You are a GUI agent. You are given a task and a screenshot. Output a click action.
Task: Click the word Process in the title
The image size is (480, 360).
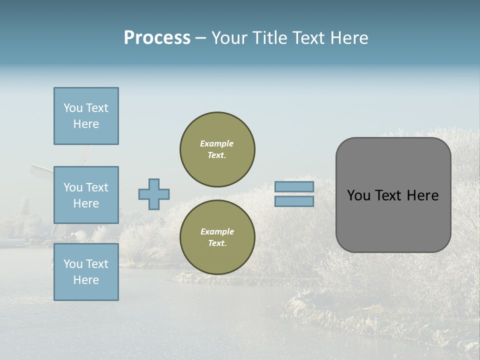157,38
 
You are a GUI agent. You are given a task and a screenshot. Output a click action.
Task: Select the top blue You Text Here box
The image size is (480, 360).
86,116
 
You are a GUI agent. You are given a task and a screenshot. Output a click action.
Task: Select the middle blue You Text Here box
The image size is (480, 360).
86,195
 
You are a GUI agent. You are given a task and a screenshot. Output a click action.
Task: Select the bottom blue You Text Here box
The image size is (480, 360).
86,272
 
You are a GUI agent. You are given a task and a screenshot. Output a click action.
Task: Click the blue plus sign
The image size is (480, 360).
154,194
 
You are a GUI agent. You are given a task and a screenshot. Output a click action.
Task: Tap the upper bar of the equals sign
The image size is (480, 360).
294,186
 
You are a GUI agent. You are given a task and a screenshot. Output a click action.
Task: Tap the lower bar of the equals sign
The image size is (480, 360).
294,201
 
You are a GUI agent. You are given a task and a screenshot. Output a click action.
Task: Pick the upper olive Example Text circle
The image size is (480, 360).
217,149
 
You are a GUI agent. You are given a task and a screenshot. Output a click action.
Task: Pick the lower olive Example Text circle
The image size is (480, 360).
217,237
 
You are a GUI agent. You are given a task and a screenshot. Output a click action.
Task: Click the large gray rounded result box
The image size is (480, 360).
393,195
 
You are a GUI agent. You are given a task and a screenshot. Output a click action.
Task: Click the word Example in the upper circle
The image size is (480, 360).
217,143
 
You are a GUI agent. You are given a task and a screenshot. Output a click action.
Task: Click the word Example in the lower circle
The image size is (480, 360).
217,231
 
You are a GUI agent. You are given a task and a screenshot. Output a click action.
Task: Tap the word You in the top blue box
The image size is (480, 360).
73,108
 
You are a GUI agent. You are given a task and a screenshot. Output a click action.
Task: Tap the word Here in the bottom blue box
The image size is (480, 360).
86,280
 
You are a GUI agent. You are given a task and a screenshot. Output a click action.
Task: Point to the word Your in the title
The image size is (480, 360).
228,38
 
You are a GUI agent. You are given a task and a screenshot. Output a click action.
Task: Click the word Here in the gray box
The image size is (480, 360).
422,195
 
